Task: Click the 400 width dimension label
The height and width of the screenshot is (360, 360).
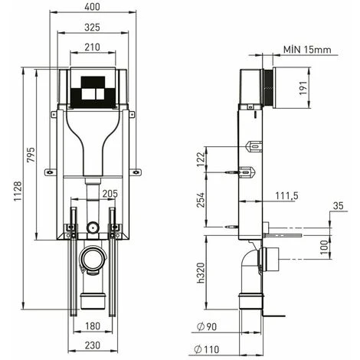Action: point(92,7)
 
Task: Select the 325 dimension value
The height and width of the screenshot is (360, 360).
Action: point(92,28)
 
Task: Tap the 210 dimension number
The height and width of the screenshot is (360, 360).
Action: point(92,47)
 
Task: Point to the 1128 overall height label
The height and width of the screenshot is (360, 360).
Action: point(18,191)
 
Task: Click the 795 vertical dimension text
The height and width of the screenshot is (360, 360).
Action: point(31,155)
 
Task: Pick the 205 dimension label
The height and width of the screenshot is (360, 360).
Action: point(110,194)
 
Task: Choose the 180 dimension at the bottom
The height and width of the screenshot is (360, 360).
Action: point(93,326)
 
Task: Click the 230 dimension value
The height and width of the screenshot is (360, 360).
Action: point(93,345)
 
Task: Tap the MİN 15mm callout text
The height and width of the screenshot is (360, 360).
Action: point(307,49)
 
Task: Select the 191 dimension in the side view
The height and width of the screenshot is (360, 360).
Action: point(303,88)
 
